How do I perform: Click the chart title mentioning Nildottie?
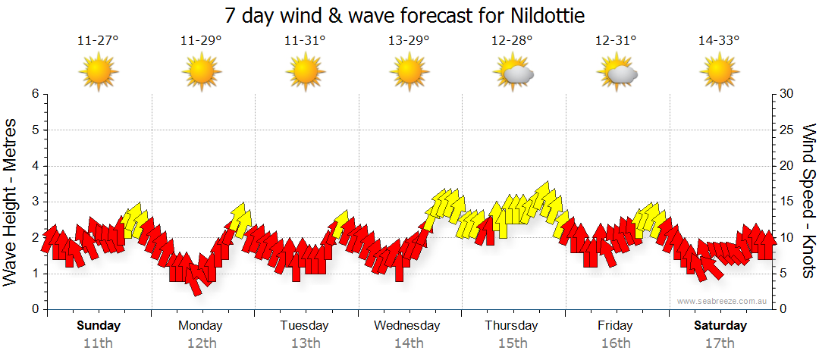coord(405,16)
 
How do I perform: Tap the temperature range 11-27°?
coord(98,41)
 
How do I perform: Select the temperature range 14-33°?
coord(719,41)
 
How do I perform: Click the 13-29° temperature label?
coord(409,41)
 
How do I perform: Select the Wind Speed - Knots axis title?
coord(807,201)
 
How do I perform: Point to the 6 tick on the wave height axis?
coord(34,94)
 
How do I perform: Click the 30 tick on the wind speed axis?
coord(787,94)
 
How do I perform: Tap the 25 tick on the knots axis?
coord(787,130)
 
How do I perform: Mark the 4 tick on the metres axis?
coord(34,166)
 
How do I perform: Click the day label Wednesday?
coord(407,326)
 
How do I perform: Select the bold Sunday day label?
coord(99,326)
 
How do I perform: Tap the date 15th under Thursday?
coord(512,343)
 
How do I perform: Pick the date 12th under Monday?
coord(200,343)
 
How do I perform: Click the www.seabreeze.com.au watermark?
coord(723,301)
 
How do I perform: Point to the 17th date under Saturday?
coord(720,343)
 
